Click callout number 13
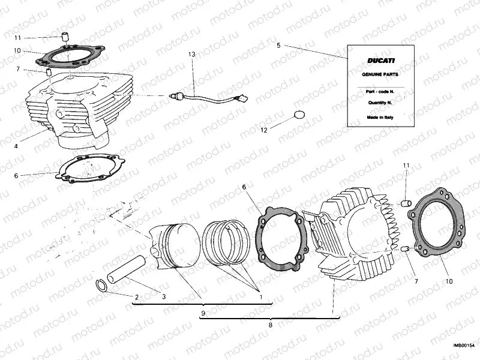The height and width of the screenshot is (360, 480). tap(192, 55)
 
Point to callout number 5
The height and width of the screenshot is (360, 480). tap(278, 45)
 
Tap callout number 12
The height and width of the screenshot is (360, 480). tap(263, 129)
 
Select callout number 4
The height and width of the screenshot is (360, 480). tap(16, 146)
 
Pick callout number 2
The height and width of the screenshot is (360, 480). tap(137, 297)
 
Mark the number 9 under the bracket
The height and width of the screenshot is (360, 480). tap(203, 313)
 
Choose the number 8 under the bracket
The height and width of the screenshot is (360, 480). tap(271, 325)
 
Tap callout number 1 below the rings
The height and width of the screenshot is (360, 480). tap(261, 297)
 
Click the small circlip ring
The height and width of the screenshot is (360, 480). tap(102, 284)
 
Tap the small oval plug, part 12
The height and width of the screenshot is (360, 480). tap(300, 115)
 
